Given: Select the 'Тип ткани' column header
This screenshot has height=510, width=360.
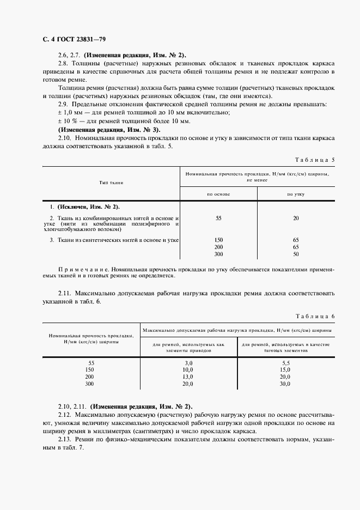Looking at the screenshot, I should (111, 182).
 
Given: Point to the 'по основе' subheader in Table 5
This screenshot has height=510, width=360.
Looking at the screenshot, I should (218, 195).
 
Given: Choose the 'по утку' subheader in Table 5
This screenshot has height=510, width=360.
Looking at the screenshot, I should (296, 195).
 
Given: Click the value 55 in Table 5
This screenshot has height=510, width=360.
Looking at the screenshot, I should (218, 218).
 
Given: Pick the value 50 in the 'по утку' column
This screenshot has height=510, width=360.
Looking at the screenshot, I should (296, 254).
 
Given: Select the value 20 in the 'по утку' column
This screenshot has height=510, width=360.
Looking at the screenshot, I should (296, 218).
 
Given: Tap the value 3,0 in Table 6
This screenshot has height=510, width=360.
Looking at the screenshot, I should (188, 362).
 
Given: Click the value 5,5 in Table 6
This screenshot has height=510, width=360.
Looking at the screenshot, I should (285, 362).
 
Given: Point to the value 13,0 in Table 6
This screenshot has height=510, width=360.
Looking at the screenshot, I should (188, 377).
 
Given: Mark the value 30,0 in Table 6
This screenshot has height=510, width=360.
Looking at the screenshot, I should (285, 384).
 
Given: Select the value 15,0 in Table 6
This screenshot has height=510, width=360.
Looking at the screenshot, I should (285, 369).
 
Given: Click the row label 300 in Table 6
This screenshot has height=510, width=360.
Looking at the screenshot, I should (90, 384).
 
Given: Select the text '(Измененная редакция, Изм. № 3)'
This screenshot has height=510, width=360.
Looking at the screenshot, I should (109, 130).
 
